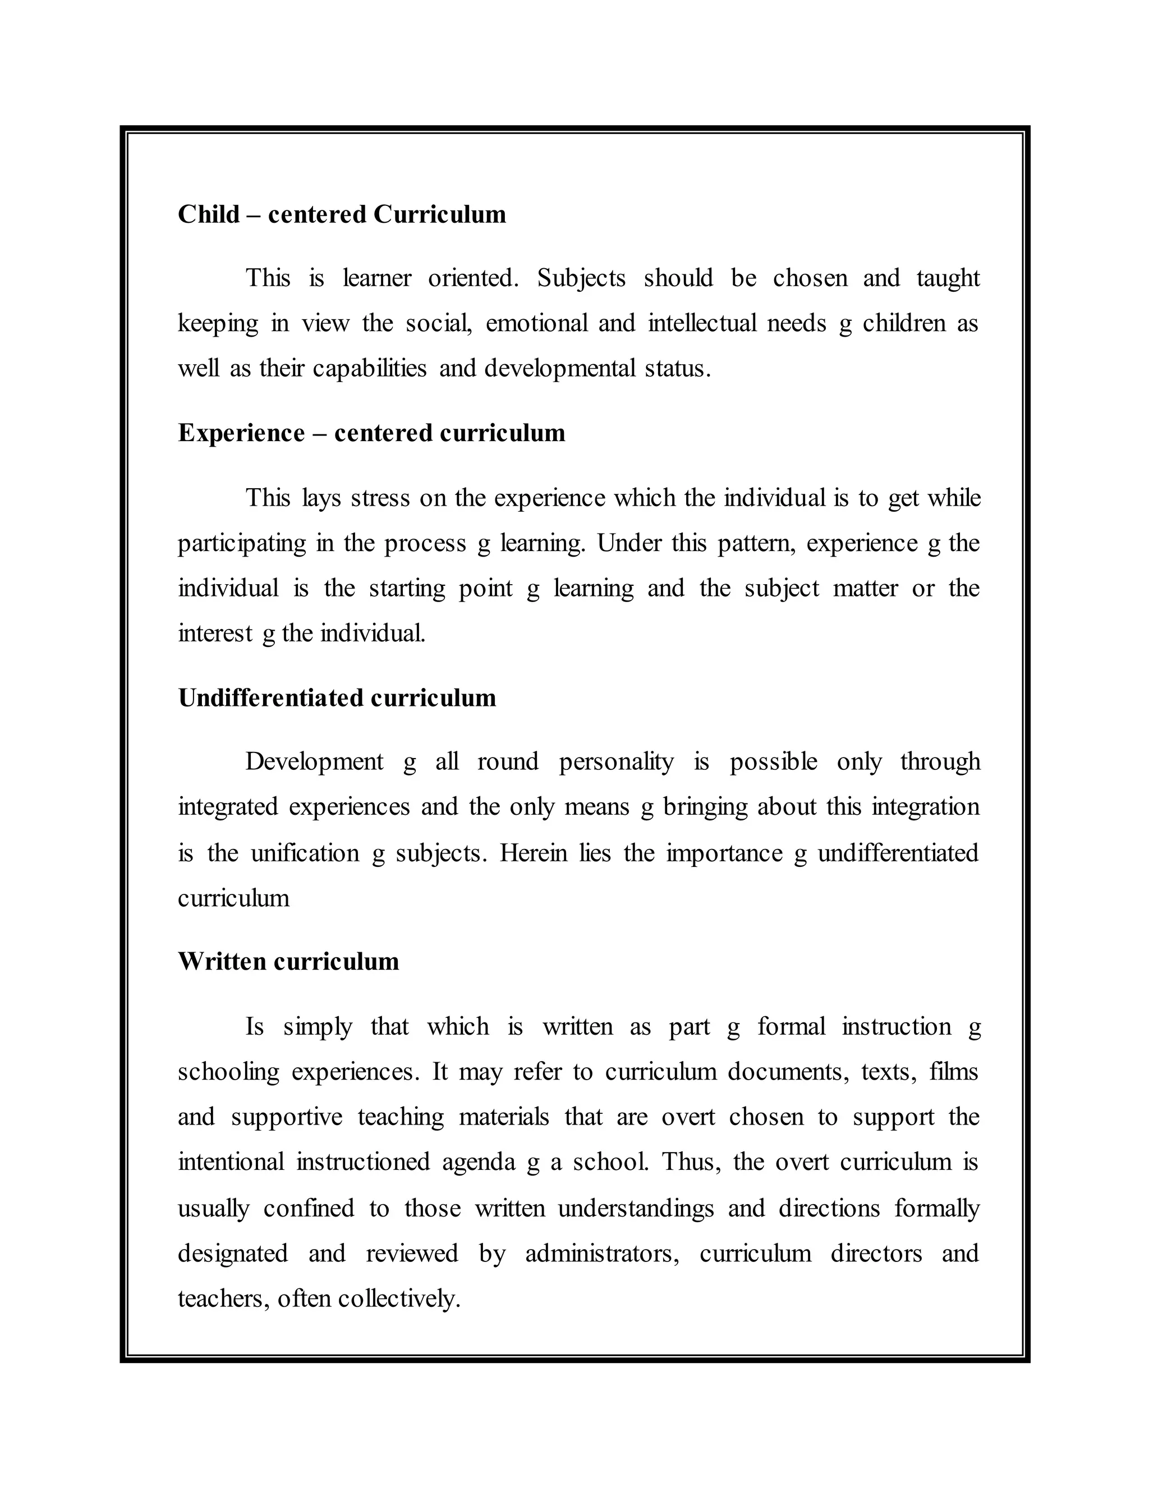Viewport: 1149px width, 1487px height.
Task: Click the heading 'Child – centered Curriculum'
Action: click(x=342, y=214)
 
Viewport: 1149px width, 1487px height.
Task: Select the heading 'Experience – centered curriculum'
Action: click(x=371, y=433)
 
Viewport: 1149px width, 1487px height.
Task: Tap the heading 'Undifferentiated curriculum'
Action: click(x=337, y=698)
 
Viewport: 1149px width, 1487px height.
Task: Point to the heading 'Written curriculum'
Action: click(x=288, y=961)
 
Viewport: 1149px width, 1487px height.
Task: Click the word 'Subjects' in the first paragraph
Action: click(x=581, y=278)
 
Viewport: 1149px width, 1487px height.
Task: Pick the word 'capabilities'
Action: click(x=370, y=368)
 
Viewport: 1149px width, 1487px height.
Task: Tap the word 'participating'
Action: click(x=242, y=543)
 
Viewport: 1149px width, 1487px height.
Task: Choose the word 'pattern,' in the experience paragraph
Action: click(x=756, y=543)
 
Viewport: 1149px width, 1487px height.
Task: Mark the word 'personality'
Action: click(x=616, y=761)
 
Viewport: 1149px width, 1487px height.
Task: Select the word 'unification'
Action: click(x=305, y=853)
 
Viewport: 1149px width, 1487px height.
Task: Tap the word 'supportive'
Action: click(x=286, y=1117)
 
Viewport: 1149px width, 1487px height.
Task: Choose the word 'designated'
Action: click(x=233, y=1254)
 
